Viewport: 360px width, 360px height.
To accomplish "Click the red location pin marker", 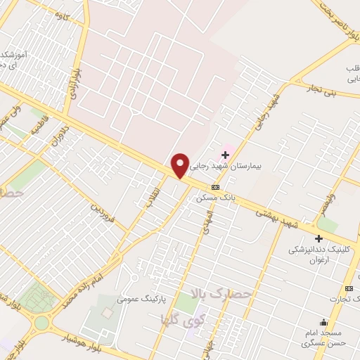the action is coord(181,165).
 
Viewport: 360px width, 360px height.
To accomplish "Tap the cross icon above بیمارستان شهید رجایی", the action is coord(225,154).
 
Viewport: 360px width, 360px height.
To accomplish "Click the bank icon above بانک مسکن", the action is coord(215,187).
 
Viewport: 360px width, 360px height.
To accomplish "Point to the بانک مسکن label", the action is coord(218,198).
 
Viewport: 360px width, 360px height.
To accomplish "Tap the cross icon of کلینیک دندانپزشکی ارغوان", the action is coord(319,238).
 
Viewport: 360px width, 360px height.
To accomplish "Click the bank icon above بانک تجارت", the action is coord(349,288).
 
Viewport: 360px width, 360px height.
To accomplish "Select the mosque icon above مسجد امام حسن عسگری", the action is coord(323,322).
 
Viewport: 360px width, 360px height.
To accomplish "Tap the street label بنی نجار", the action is coord(325,89).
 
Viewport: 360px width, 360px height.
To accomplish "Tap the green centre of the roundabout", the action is coord(41,323).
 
